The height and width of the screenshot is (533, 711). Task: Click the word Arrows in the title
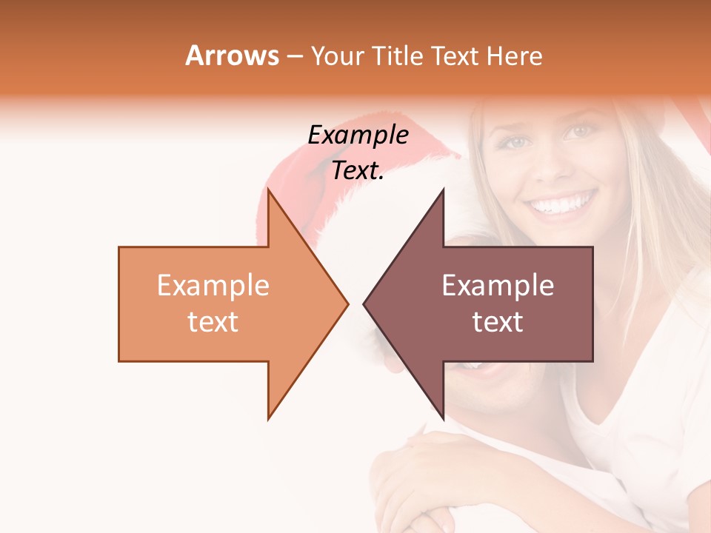pos(232,56)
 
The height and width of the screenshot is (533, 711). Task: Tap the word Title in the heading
pos(398,56)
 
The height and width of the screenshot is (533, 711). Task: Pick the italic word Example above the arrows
pos(358,135)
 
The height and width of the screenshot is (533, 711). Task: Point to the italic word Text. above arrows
pos(358,170)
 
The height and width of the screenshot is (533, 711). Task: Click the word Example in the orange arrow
pos(213,286)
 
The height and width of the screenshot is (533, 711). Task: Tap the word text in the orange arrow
pos(213,322)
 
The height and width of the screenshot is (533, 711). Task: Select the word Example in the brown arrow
pos(498,286)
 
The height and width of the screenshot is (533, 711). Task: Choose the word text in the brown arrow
pos(498,322)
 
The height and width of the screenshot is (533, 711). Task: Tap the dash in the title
pos(294,56)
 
